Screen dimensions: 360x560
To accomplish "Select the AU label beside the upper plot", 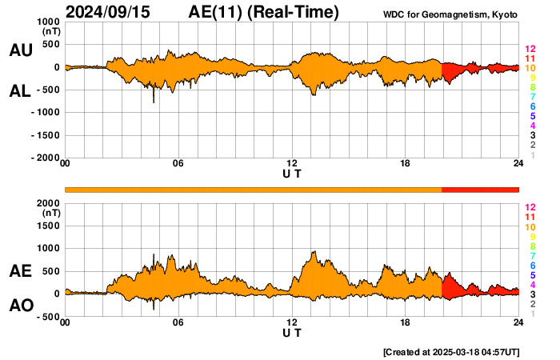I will [20, 50].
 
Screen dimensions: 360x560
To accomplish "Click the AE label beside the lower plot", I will [20, 271].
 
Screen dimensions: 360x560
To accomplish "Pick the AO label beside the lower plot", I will [20, 305].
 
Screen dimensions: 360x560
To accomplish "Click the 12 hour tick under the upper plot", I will [292, 164].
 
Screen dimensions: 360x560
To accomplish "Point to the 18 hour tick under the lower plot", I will [406, 322].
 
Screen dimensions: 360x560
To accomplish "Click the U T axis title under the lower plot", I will [292, 333].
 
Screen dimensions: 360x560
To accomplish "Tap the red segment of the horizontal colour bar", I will [480, 189].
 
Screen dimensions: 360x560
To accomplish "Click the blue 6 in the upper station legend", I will [530, 106].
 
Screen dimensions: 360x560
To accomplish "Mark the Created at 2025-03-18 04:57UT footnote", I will [451, 351].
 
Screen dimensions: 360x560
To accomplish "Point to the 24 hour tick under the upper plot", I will [518, 164].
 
